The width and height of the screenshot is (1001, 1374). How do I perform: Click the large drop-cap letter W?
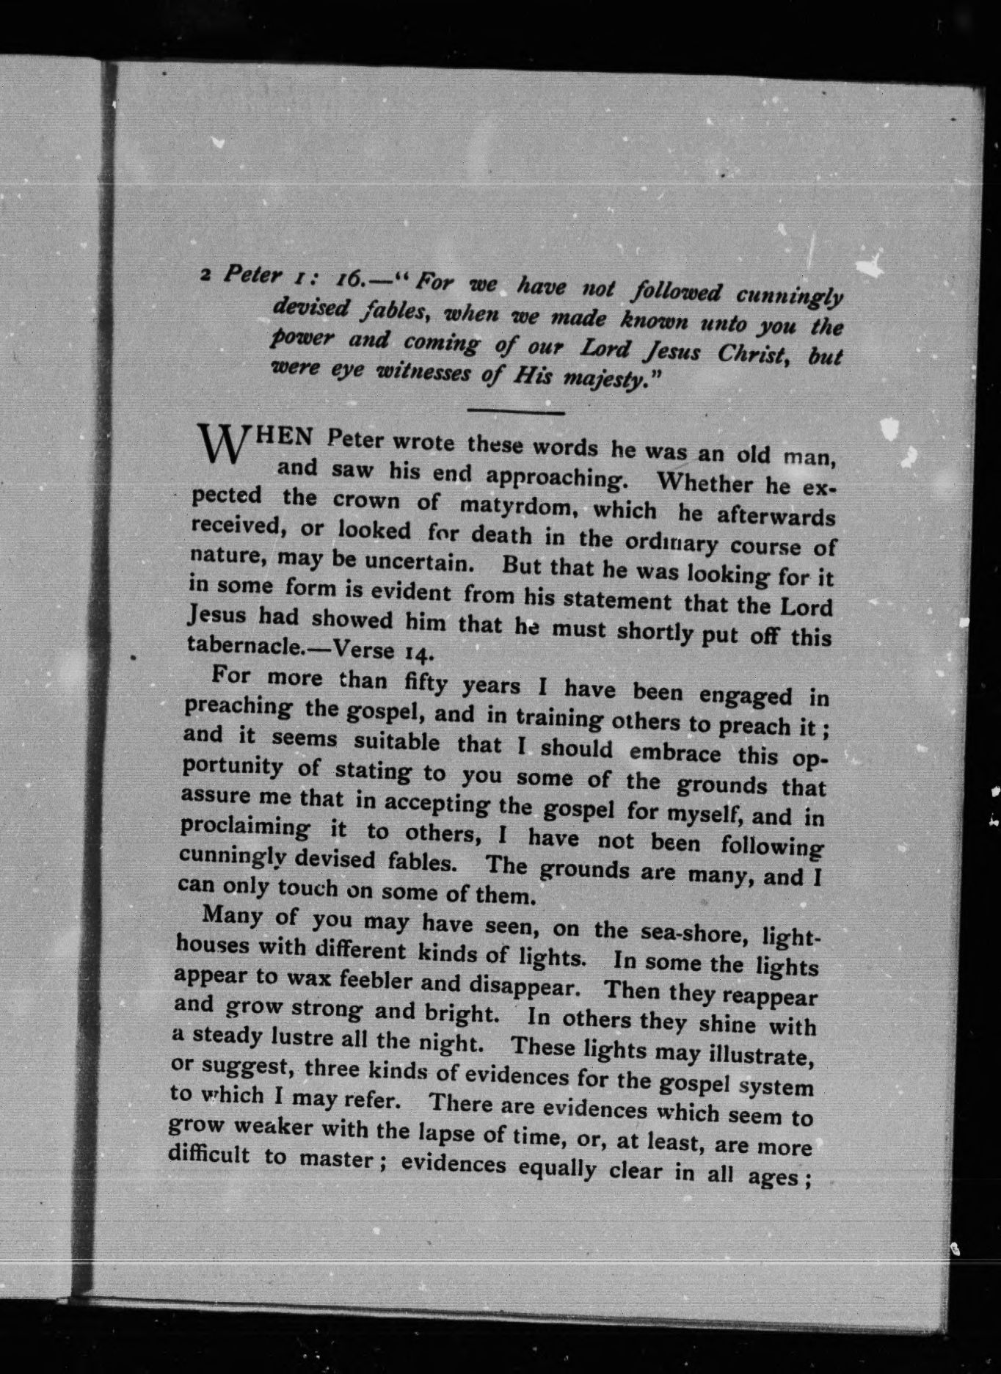(219, 443)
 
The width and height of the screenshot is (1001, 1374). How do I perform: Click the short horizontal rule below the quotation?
(515, 412)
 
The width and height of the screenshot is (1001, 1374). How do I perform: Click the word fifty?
(426, 683)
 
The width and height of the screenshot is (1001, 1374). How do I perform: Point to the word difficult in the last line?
(210, 1155)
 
